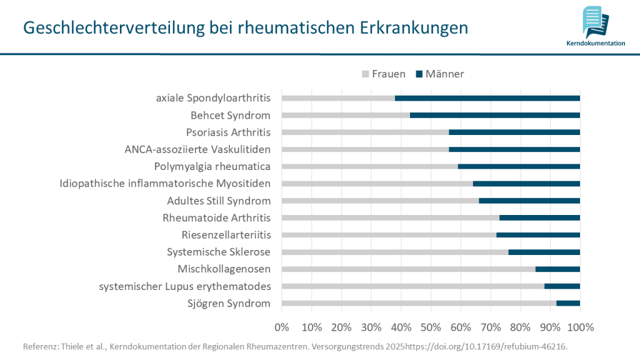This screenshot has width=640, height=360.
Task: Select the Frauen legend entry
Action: pyautogui.click(x=383, y=74)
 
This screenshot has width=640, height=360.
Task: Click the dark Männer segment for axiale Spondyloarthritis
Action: pyautogui.click(x=487, y=98)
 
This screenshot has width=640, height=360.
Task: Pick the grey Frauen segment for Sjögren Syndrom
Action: pyautogui.click(x=419, y=303)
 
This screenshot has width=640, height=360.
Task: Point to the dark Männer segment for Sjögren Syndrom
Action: pyautogui.click(x=568, y=303)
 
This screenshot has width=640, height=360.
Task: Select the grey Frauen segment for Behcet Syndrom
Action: pyautogui.click(x=346, y=115)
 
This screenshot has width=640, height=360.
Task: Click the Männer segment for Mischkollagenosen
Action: pyautogui.click(x=557, y=269)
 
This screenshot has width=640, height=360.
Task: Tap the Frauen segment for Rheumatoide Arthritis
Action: pyautogui.click(x=391, y=217)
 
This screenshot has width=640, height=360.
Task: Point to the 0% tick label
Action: pyautogui.click(x=282, y=327)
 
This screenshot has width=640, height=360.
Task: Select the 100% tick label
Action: pyautogui.click(x=579, y=327)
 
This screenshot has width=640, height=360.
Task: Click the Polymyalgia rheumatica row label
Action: pyautogui.click(x=212, y=166)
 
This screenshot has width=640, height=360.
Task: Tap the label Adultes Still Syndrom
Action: pyautogui.click(x=219, y=201)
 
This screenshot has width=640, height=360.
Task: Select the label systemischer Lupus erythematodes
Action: pyautogui.click(x=184, y=286)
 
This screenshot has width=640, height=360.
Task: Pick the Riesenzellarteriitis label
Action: pyautogui.click(x=226, y=235)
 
